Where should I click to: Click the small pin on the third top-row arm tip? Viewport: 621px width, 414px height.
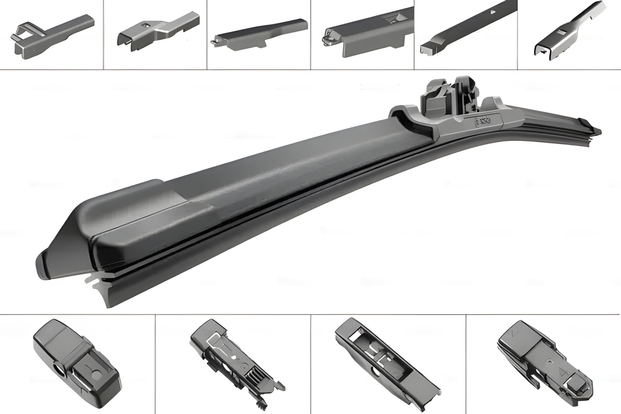212,42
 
